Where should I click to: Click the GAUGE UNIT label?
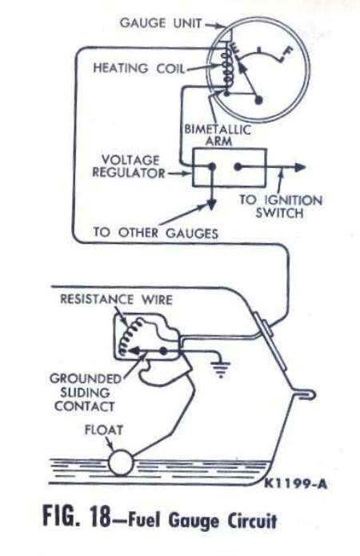[161, 23]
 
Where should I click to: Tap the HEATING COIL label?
[139, 68]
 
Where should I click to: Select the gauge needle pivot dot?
[259, 100]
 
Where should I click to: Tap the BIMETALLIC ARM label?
[218, 135]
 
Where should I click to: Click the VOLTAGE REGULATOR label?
[128, 166]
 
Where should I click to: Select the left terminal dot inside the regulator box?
[212, 166]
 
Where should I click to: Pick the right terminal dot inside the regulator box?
[238, 166]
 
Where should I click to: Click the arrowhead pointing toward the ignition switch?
[300, 166]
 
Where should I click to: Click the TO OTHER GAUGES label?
[155, 233]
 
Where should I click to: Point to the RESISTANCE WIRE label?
[116, 300]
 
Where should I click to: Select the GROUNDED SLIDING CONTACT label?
[85, 392]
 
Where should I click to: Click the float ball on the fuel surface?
[121, 462]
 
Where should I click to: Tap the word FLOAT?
[104, 430]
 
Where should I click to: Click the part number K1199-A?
[296, 484]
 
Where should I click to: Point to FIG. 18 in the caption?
[77, 516]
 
